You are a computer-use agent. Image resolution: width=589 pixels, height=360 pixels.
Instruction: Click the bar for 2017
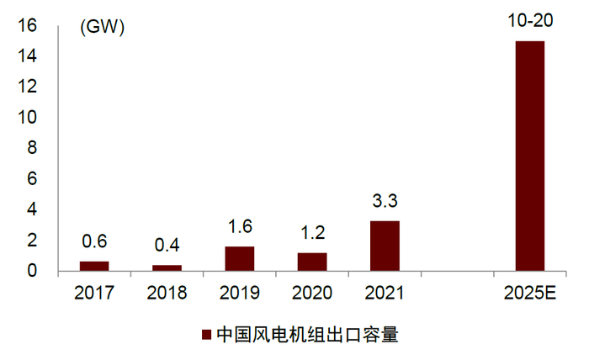pos(94,267)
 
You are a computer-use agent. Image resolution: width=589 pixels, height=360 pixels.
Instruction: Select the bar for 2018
pos(167,268)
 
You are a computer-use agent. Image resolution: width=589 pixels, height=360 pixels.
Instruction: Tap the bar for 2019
pos(240,259)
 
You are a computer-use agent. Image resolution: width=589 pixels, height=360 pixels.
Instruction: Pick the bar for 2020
pos(312,262)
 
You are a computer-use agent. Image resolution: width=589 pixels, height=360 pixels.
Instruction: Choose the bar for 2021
pos(385,246)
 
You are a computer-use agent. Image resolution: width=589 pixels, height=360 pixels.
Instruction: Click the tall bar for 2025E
pos(530,156)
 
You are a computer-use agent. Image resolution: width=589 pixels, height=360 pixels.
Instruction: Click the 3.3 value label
pos(385,202)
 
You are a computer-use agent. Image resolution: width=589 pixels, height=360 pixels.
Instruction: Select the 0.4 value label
pos(167,247)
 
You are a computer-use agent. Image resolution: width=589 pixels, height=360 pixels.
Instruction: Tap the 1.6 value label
pos(240,227)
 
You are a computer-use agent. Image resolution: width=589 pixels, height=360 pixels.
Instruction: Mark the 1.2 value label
pos(312,233)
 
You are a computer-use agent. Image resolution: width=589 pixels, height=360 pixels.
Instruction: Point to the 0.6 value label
pos(94,242)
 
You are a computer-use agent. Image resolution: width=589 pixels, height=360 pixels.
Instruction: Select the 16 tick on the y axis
pos(26,26)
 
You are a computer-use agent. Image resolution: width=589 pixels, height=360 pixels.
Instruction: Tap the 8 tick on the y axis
pos(32,149)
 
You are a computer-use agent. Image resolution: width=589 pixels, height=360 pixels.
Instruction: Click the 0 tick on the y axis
pos(32,271)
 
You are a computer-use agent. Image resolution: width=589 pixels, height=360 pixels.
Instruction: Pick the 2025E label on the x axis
pos(530,294)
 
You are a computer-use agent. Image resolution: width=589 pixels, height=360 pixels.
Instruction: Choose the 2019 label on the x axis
pos(240,294)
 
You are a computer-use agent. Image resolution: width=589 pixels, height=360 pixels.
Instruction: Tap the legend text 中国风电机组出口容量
pos(306,335)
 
